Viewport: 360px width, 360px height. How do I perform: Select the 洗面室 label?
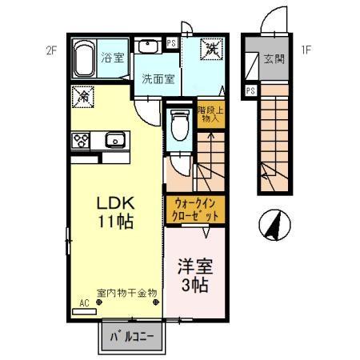157,78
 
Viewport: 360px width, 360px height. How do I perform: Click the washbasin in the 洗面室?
150,46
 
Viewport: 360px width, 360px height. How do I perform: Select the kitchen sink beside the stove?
113,141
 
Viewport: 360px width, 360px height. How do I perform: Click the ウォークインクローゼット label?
194,210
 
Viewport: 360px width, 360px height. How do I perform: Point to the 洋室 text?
194,265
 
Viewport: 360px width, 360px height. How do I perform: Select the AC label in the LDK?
84,304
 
